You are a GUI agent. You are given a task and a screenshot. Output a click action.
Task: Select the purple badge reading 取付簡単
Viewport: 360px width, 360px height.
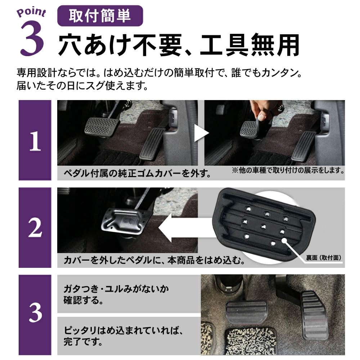pos(100,16)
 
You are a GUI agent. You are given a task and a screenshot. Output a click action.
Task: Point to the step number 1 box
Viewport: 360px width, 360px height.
pos(35,140)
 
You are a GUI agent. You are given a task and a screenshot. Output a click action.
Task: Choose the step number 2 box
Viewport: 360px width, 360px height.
pos(35,228)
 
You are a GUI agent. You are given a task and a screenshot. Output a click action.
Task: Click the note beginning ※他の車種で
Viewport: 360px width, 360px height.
pos(287,170)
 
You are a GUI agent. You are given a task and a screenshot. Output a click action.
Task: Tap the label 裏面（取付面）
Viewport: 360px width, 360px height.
pos(324,257)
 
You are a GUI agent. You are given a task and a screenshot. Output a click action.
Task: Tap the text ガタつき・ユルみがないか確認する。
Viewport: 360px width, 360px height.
pos(116,294)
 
